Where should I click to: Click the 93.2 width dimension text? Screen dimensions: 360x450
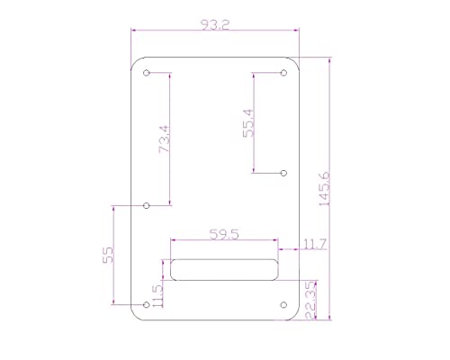215,26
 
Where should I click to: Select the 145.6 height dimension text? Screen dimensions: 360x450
323,189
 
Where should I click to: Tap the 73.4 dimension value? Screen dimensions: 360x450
164,139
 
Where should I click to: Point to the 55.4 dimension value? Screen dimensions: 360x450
249,123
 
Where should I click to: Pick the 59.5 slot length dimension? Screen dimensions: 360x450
223,235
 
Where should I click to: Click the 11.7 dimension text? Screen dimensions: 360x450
315,244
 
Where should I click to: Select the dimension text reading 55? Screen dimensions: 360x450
108,255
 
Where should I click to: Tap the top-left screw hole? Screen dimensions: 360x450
148,74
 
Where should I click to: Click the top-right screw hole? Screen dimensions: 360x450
283,74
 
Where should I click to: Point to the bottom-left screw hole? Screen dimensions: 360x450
148,304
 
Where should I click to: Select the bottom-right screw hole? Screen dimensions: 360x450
283,304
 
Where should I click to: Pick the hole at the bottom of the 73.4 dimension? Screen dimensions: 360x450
148,205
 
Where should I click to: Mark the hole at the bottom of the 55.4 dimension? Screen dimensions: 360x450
283,171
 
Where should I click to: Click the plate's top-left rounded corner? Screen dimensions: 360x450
136,63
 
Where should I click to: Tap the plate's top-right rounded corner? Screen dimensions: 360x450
295,63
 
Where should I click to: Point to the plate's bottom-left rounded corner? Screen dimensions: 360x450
136,315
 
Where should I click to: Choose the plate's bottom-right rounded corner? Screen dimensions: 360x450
295,315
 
